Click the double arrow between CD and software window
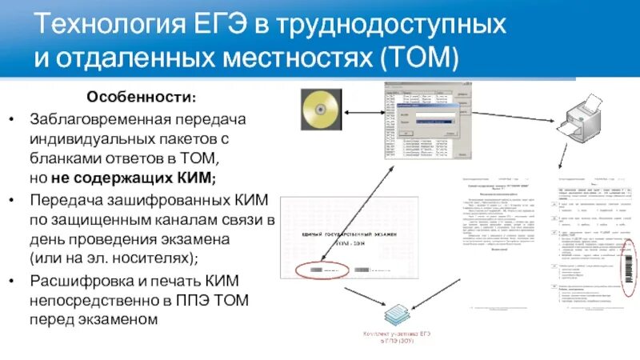tap(365, 114)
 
